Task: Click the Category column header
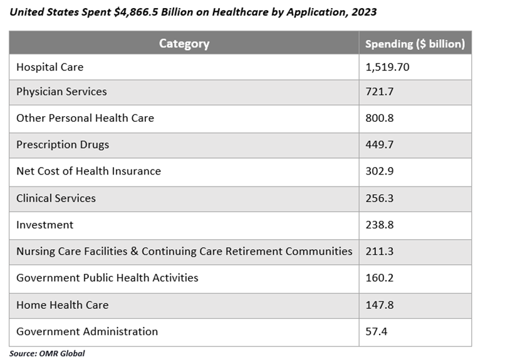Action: [184, 43]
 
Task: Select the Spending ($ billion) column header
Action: [415, 44]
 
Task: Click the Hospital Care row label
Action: [49, 67]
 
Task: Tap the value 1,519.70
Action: [387, 67]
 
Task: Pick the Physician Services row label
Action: [61, 92]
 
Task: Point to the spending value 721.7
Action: [378, 92]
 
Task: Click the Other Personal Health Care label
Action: [85, 118]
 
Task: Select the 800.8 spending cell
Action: [378, 118]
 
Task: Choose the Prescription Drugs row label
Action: [63, 144]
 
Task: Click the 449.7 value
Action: [378, 144]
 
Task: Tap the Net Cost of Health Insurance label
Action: [88, 171]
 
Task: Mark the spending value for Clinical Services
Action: [378, 198]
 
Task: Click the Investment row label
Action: [44, 225]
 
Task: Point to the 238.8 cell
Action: [378, 225]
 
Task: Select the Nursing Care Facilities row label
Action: [184, 251]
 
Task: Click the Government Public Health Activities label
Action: [107, 277]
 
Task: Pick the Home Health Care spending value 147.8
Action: [378, 304]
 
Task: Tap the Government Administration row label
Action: [87, 331]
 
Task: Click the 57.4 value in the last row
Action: [376, 331]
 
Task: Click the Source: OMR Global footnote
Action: [47, 353]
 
